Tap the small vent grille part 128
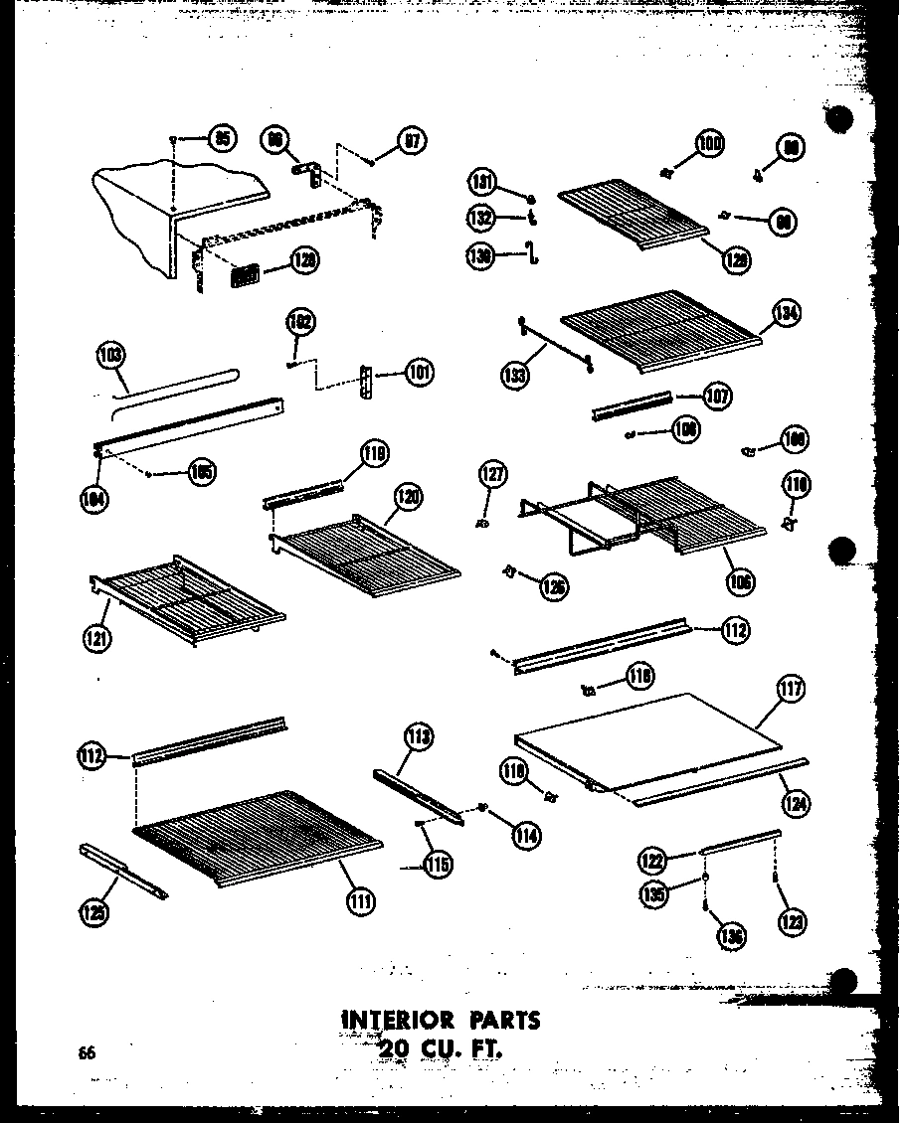pos(245,274)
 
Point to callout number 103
pos(111,355)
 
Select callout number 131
pos(482,181)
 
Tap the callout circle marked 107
pos(716,397)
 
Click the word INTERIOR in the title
pos(399,1020)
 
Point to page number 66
pos(88,1052)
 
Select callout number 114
pos(526,836)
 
